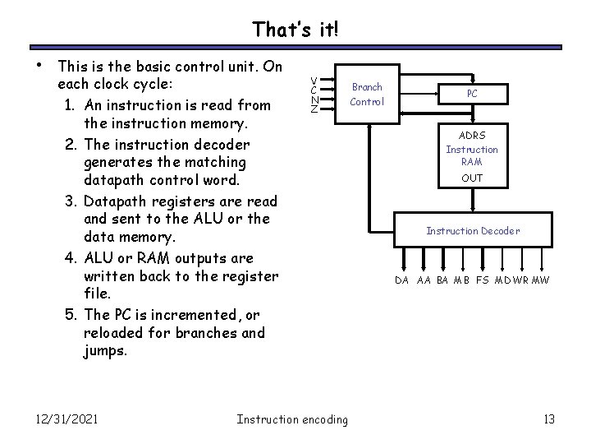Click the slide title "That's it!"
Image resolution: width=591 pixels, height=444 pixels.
tap(295, 30)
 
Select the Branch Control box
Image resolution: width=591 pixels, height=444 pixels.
tap(366, 94)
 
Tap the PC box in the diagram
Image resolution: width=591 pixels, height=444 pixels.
tap(472, 94)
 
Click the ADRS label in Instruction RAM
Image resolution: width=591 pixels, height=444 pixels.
tap(472, 135)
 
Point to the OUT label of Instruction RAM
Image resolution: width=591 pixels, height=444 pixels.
tap(472, 178)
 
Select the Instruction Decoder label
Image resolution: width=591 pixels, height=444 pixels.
tap(472, 231)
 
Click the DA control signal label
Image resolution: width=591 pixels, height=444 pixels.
tap(401, 280)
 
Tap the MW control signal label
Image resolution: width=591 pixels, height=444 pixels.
tap(541, 280)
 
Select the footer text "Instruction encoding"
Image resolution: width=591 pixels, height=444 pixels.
tap(291, 419)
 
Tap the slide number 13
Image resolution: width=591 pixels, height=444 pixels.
tap(549, 419)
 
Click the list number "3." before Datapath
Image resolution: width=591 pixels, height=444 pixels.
tap(71, 201)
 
